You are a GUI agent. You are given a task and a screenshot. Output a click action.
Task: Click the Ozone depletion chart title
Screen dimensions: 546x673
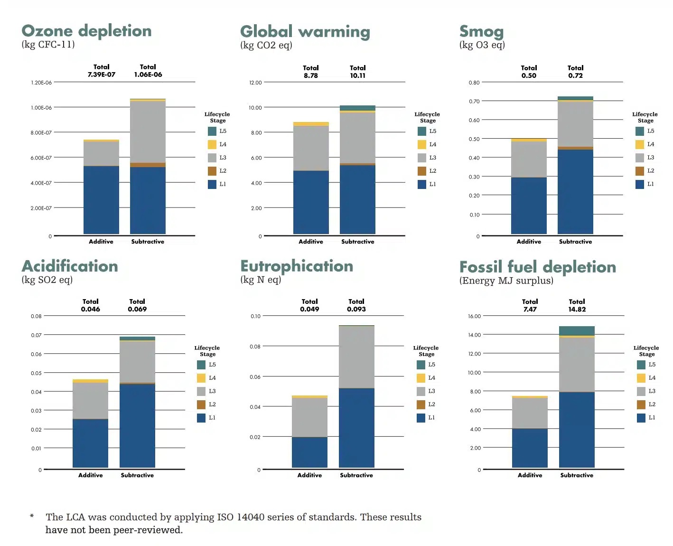[86, 31]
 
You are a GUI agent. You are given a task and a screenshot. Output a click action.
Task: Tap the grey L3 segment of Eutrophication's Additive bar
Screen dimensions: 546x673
[309, 417]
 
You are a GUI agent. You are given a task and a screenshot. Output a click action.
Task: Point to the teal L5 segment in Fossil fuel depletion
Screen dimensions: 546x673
[577, 330]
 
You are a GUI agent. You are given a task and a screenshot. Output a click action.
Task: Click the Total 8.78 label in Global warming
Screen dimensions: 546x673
[311, 72]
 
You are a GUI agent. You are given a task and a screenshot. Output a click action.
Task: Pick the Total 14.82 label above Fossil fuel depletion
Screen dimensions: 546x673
[577, 305]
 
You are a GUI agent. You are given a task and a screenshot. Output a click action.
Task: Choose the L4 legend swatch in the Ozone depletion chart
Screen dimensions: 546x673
[212, 144]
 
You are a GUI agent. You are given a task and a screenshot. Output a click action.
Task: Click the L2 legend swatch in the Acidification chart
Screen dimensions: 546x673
[201, 405]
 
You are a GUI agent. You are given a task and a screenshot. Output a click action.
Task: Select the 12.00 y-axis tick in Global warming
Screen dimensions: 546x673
[255, 83]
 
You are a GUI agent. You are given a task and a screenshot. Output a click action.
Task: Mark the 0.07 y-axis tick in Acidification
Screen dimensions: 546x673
[37, 335]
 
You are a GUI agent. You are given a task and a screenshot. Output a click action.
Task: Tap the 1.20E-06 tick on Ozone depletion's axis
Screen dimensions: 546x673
[41, 83]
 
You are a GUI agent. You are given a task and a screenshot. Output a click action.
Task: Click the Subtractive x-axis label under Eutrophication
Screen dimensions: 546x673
[356, 475]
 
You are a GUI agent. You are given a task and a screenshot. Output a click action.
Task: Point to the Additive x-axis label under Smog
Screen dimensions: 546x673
[529, 242]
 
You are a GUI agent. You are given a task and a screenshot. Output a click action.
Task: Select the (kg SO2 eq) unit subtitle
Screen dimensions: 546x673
[47, 280]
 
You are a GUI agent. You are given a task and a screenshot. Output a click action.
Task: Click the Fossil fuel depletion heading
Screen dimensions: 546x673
[537, 267]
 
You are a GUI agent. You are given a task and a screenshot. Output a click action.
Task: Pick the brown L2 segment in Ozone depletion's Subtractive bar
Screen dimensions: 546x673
[148, 165]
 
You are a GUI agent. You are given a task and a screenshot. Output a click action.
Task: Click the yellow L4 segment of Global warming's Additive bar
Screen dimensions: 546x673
[311, 124]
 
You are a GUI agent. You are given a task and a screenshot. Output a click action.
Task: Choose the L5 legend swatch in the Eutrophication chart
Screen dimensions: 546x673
[421, 365]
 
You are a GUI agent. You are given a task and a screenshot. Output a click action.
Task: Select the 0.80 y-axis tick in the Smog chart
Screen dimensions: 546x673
[474, 83]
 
